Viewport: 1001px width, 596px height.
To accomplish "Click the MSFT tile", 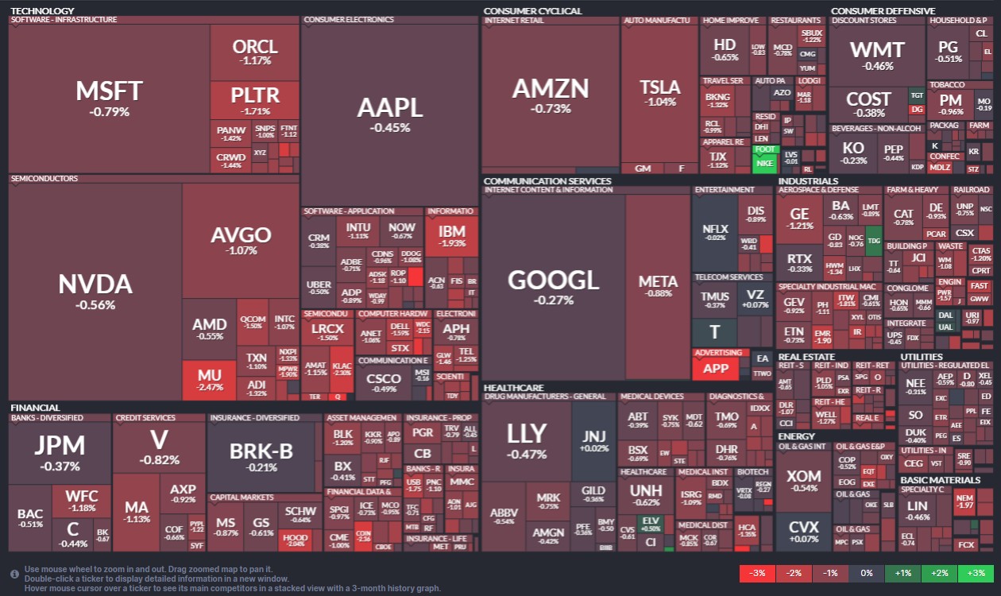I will click(x=109, y=97).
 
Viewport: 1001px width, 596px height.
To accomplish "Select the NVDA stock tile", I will click(x=95, y=291).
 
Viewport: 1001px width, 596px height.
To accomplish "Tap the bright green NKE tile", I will click(x=764, y=163).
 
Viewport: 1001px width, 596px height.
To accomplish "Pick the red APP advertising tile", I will click(x=716, y=368).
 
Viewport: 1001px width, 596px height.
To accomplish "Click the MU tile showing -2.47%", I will click(x=210, y=379).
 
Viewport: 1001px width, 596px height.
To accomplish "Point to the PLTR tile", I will click(x=255, y=99).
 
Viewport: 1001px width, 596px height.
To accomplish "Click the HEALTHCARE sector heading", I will click(x=513, y=387).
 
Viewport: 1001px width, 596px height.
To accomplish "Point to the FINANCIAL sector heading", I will click(x=35, y=408).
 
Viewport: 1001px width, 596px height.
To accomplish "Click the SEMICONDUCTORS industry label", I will click(x=44, y=179).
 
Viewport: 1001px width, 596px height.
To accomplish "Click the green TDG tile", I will click(x=874, y=240).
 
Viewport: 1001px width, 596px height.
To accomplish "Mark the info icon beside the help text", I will click(x=14, y=573).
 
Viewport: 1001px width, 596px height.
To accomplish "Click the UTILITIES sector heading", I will click(x=922, y=357).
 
